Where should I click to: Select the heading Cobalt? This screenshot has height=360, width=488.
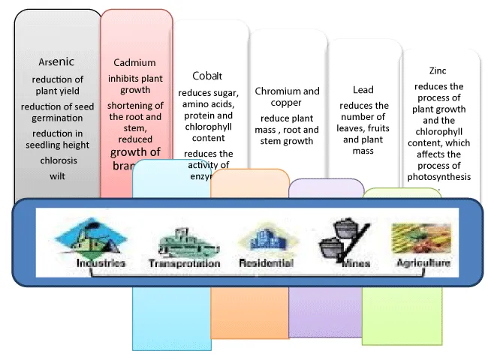pyautogui.click(x=207, y=76)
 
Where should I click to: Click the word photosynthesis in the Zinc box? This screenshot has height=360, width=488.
pyautogui.click(x=441, y=176)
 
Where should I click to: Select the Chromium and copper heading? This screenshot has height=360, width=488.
pyautogui.click(x=287, y=97)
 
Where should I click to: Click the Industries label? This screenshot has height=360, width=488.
pyautogui.click(x=101, y=264)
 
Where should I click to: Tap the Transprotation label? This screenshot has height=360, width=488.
pyautogui.click(x=185, y=264)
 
